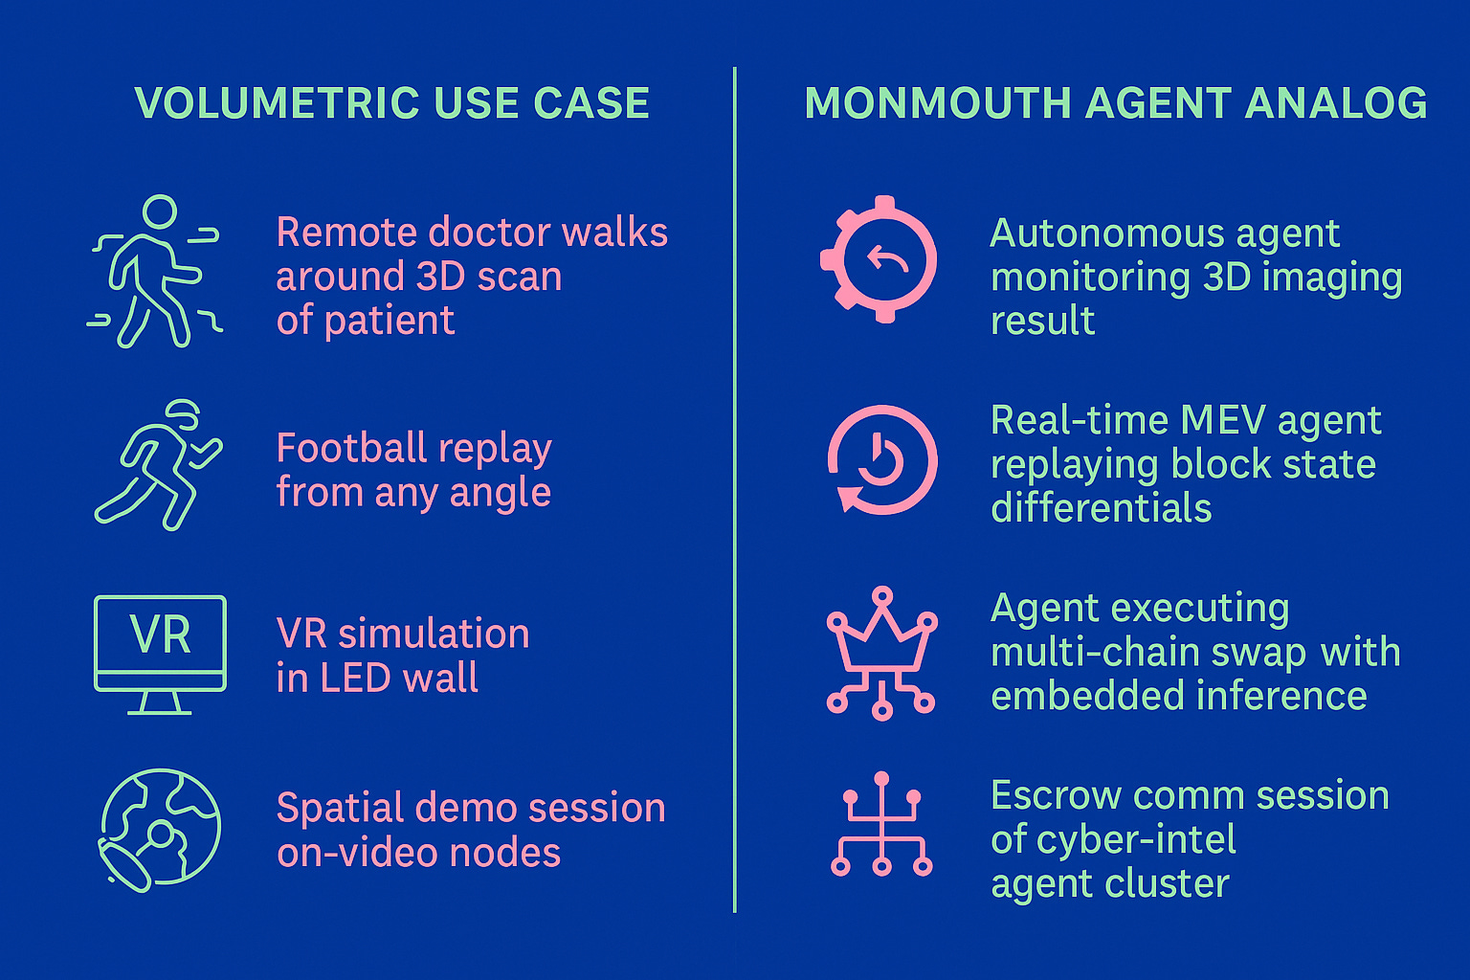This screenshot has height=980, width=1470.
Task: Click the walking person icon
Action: [x=155, y=272]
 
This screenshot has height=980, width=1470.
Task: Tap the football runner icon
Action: [x=159, y=466]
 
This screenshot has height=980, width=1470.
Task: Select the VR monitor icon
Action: [x=161, y=653]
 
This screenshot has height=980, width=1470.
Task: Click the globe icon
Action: [x=160, y=831]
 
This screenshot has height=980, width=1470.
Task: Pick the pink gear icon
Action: [x=879, y=259]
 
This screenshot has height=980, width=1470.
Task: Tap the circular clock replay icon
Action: [x=881, y=460]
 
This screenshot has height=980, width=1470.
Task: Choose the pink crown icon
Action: [x=881, y=651]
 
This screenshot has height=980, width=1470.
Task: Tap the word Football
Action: [x=351, y=448]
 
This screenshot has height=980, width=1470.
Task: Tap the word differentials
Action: [x=1101, y=508]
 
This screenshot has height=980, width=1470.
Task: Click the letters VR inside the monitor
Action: [x=161, y=635]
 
